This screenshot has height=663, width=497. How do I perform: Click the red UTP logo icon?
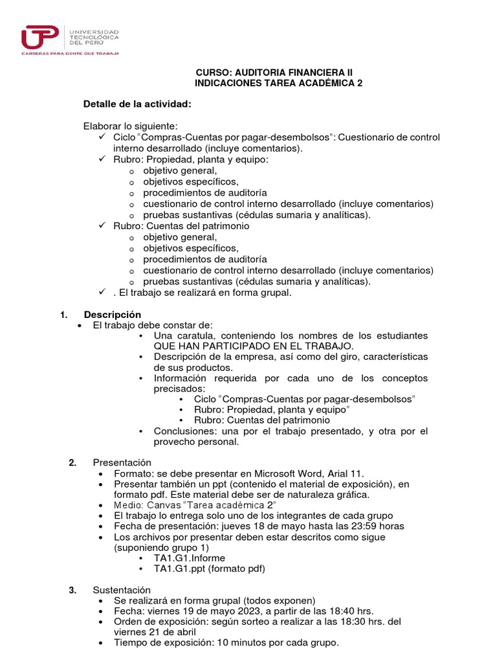[39, 36]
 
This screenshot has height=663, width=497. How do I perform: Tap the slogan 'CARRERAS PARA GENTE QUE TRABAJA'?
[71, 54]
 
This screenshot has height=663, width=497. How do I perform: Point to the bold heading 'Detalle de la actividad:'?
[137, 104]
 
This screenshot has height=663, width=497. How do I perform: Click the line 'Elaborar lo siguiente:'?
[130, 126]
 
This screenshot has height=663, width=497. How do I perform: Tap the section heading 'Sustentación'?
[122, 590]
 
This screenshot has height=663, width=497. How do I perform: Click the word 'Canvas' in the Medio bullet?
[159, 505]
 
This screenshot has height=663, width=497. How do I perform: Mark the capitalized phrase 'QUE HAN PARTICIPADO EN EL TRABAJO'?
[253, 346]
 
